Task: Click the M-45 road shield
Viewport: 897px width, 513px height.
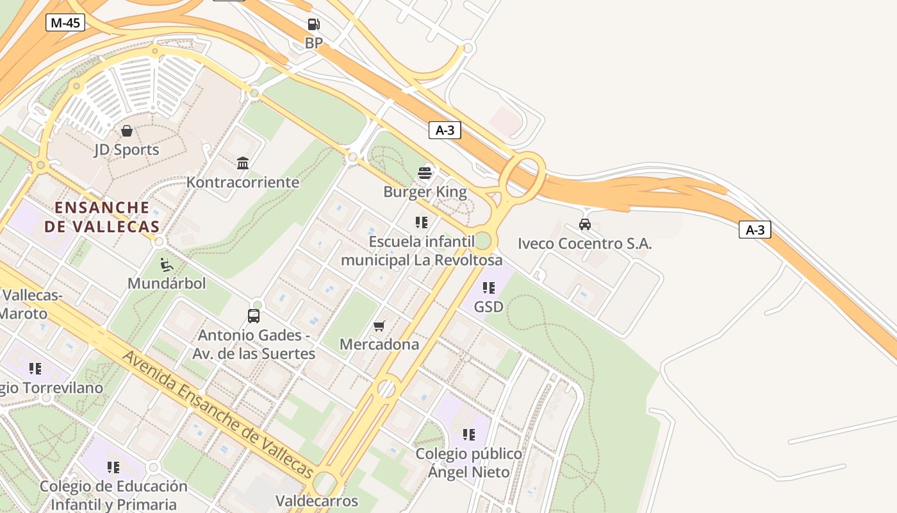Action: pos(65,23)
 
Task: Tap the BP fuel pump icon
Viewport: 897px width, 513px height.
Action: pos(313,25)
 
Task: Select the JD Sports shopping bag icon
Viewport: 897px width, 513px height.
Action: pos(127,131)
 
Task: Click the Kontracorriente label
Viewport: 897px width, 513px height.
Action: pos(243,182)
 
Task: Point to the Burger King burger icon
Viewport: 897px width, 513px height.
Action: pos(425,172)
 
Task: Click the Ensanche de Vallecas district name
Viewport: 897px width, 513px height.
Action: pos(102,217)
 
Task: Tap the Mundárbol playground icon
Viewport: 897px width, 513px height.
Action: pos(166,264)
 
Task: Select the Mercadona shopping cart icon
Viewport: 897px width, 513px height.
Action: pos(379,326)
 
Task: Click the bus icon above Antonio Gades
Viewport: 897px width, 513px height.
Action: pos(254,316)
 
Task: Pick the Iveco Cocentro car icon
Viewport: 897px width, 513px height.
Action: pos(584,224)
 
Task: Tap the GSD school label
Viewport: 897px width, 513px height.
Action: pos(488,307)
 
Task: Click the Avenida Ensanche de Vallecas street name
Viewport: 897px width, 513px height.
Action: pos(218,414)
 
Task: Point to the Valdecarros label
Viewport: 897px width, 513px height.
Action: pos(317,500)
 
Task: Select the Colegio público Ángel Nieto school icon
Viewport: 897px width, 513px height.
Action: pos(469,435)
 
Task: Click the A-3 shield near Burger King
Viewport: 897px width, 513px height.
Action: pos(445,130)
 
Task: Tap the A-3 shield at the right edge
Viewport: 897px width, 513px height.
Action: pos(755,230)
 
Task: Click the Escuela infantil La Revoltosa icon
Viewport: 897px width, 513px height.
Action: pos(421,223)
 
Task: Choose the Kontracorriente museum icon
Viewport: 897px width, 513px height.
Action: pos(243,164)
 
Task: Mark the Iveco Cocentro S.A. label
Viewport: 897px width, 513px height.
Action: pos(584,244)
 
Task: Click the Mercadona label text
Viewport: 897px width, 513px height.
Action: pos(379,344)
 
